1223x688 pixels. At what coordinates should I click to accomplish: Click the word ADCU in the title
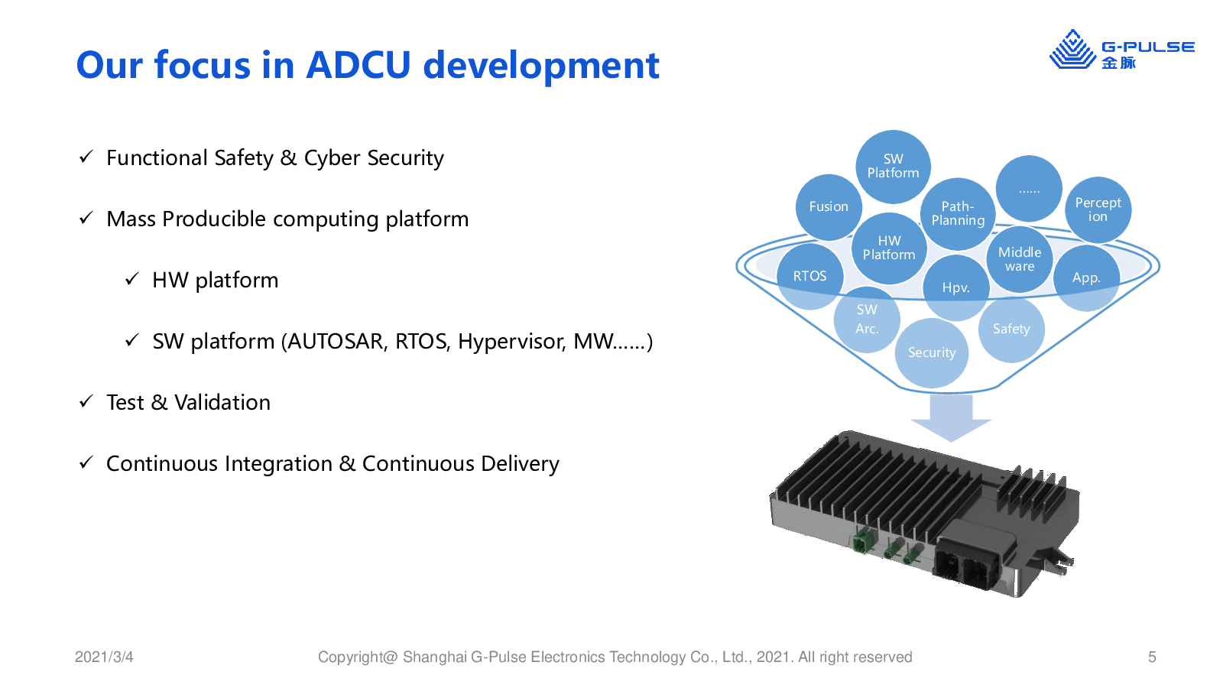click(x=358, y=65)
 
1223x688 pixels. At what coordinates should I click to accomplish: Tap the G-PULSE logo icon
click(x=1072, y=50)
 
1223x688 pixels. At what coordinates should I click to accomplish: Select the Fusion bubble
click(x=829, y=207)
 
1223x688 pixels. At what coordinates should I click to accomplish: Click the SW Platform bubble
click(x=894, y=167)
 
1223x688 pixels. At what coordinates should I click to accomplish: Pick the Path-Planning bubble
click(x=958, y=214)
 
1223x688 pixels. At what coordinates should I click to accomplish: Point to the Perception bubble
click(x=1098, y=209)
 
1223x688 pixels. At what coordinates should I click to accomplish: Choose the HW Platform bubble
click(x=890, y=248)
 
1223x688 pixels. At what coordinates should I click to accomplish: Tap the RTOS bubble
click(x=809, y=276)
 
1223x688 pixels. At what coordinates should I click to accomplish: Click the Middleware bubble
click(x=1020, y=259)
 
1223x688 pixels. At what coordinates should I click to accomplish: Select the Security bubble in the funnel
click(x=932, y=353)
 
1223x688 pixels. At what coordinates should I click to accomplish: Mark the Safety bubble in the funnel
click(x=1011, y=329)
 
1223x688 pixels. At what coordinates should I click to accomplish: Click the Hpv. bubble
click(x=956, y=287)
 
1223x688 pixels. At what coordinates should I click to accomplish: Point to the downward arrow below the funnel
click(x=951, y=417)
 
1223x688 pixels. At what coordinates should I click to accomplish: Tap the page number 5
click(x=1152, y=657)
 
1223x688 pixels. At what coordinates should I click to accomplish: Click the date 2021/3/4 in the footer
click(x=104, y=657)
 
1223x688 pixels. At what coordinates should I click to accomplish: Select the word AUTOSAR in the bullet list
click(x=337, y=342)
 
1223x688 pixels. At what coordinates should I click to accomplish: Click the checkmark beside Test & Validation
click(x=86, y=402)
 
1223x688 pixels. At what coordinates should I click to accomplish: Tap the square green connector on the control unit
click(x=863, y=541)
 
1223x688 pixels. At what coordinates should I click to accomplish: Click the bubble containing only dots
click(x=1029, y=189)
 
